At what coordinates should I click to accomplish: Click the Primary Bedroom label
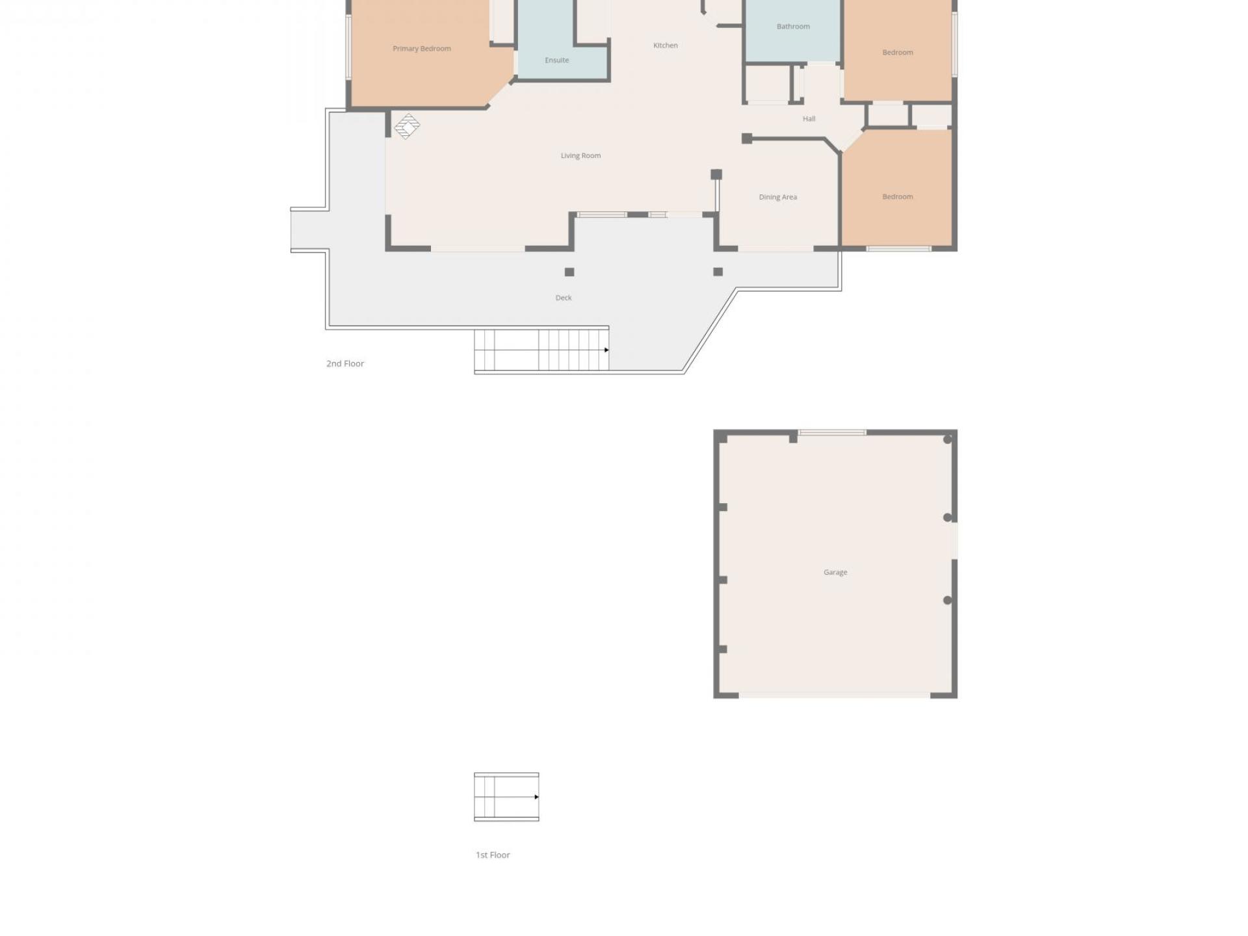(x=421, y=49)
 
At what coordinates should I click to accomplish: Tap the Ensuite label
(x=556, y=60)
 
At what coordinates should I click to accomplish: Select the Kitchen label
(x=665, y=45)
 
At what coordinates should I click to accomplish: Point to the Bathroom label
(x=793, y=27)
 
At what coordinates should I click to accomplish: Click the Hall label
(x=809, y=119)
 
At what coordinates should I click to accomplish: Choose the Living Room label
(x=580, y=156)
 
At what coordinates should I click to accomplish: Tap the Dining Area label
(x=777, y=197)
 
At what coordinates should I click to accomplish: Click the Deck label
(x=564, y=298)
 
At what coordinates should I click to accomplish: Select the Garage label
(x=835, y=573)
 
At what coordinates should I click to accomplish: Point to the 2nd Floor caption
(x=345, y=364)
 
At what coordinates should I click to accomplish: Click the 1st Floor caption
(x=493, y=855)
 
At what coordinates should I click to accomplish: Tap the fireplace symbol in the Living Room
(x=407, y=126)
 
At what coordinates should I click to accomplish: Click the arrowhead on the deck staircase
(x=606, y=350)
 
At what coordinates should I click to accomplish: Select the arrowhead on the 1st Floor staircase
(x=536, y=797)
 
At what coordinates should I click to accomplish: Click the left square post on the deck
(x=569, y=272)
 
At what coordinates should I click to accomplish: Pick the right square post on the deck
(x=718, y=272)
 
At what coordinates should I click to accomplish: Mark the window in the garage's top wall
(x=832, y=433)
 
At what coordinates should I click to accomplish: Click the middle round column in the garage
(x=947, y=518)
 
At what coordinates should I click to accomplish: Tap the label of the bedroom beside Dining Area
(x=897, y=197)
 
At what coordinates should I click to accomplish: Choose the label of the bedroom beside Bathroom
(x=897, y=53)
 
